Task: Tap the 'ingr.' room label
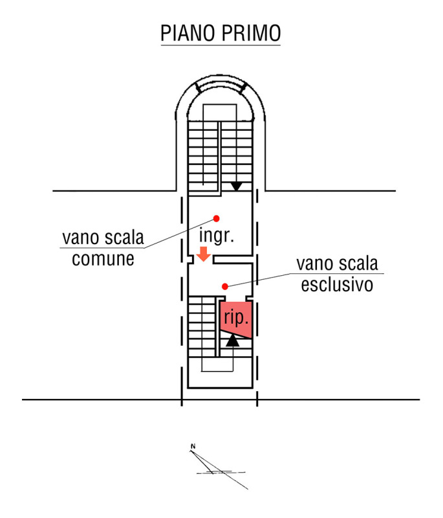click(217, 235)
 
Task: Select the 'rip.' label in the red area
click(236, 318)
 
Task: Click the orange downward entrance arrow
click(204, 254)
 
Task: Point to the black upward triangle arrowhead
click(233, 341)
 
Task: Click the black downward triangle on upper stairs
click(236, 186)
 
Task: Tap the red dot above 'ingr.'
click(217, 218)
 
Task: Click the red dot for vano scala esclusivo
click(225, 286)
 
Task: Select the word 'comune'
click(103, 259)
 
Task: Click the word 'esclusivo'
click(337, 285)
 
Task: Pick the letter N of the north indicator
click(193, 446)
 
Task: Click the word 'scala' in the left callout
click(124, 238)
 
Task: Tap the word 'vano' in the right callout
click(314, 264)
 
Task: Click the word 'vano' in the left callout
click(80, 238)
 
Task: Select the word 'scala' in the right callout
click(358, 264)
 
